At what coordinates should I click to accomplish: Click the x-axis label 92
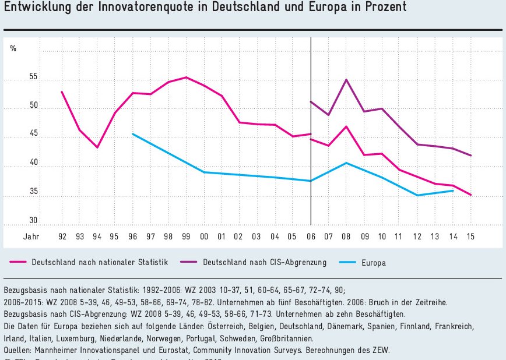(62, 237)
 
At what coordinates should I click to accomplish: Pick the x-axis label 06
(311, 237)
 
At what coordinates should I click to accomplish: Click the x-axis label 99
(186, 237)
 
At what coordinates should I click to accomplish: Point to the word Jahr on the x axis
(31, 237)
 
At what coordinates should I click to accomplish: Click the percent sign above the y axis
(13, 48)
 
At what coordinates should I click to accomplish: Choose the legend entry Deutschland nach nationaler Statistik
(100, 263)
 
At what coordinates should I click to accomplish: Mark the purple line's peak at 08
(346, 80)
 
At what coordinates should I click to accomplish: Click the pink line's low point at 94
(97, 147)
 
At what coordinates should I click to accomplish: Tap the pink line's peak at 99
(186, 77)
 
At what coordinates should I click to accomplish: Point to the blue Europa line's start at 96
(133, 134)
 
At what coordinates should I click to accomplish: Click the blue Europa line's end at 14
(453, 190)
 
